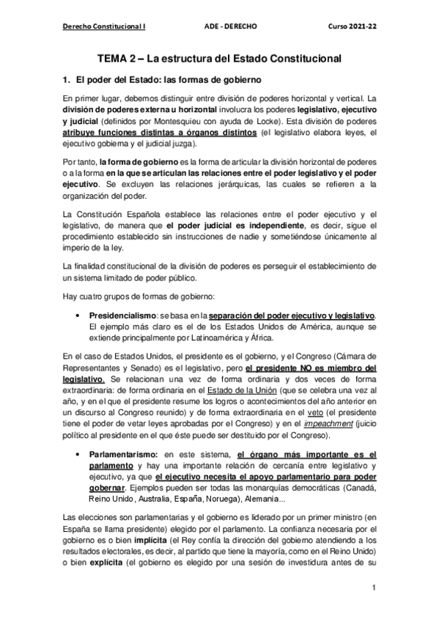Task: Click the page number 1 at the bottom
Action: pos(374,588)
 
